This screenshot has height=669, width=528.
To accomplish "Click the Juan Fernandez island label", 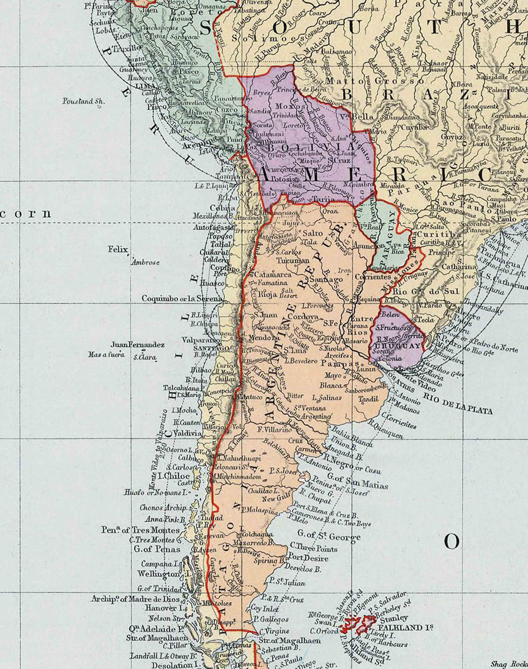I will (x=138, y=344).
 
